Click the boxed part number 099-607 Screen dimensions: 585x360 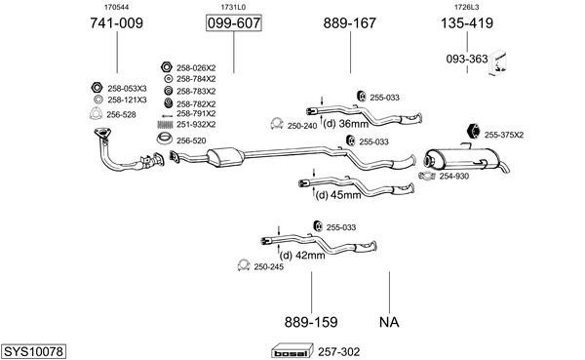(234, 23)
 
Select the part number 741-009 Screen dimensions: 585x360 (116, 23)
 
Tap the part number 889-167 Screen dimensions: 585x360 (350, 23)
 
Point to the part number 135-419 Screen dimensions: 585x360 (467, 23)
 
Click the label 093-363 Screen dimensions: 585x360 (467, 59)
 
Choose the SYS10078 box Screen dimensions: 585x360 (33, 351)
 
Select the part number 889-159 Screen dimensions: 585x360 (311, 322)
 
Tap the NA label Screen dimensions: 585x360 (389, 322)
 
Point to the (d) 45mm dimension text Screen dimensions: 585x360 (338, 194)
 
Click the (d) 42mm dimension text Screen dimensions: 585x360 (302, 256)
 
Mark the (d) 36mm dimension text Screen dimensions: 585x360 (345, 123)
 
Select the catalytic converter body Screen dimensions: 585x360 (225, 157)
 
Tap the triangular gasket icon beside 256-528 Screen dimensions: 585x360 (96, 114)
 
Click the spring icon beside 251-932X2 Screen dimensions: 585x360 (165, 124)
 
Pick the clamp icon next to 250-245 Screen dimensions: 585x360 (244, 265)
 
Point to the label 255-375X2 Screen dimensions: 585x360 (504, 135)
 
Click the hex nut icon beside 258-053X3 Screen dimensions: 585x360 (97, 88)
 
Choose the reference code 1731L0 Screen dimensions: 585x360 (233, 7)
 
